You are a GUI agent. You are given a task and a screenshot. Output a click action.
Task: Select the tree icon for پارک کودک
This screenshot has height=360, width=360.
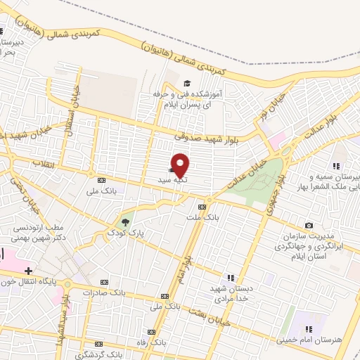[x=126, y=221]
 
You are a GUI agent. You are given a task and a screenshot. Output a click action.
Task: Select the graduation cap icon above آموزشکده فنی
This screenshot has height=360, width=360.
[x=186, y=84]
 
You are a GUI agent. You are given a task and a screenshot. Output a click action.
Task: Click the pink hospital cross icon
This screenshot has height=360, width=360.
[x=27, y=271]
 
